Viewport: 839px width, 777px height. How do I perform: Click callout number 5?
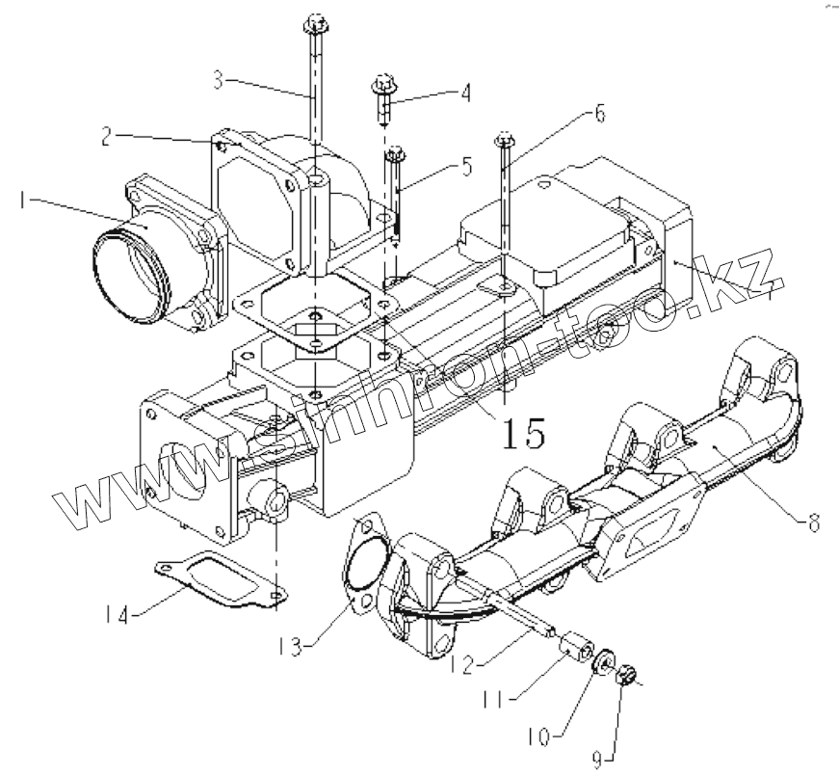click(466, 166)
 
